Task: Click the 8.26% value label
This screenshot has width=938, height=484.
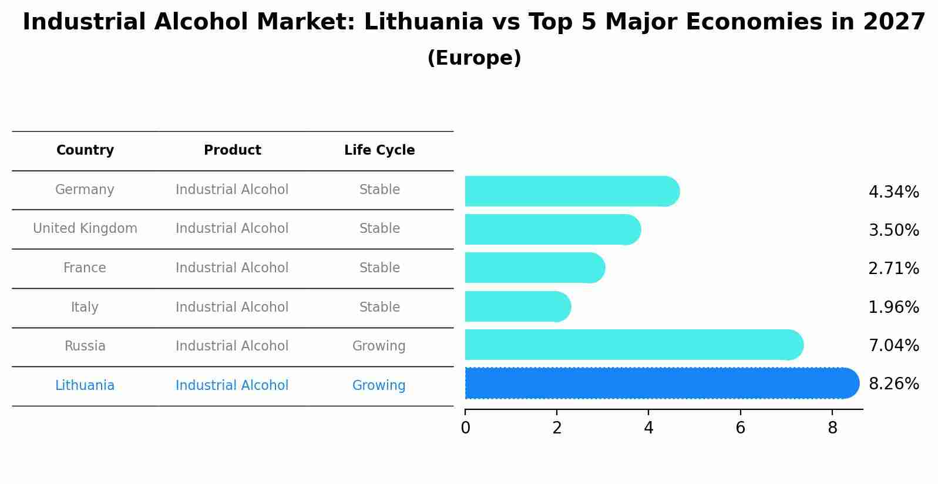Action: (893, 384)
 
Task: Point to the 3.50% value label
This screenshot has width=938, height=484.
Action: (893, 230)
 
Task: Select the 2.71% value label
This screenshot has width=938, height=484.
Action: (893, 269)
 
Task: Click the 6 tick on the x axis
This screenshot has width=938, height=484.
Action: (740, 428)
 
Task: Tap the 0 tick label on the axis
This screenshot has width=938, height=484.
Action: (465, 428)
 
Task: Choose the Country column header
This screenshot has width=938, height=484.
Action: (85, 151)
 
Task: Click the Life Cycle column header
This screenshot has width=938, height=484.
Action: (379, 151)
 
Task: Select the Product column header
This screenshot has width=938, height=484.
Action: (232, 151)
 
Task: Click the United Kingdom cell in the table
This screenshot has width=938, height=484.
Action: (85, 229)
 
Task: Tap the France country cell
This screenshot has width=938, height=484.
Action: (85, 268)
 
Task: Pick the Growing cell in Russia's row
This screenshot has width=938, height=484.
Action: (379, 346)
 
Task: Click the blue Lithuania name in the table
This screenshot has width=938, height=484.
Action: (85, 386)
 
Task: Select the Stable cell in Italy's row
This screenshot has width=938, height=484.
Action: (379, 308)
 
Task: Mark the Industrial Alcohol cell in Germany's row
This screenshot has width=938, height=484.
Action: (232, 190)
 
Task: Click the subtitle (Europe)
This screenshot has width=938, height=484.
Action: (474, 58)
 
